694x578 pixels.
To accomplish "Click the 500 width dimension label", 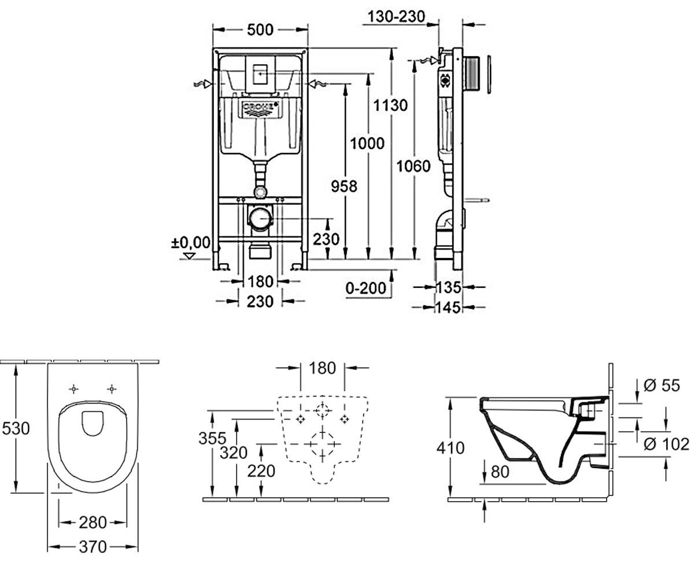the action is [x=260, y=29].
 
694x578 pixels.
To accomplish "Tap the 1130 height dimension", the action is [x=390, y=105].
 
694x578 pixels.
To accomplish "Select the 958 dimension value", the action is [x=344, y=186].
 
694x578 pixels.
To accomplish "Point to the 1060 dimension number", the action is [x=414, y=166].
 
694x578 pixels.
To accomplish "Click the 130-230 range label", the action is [x=396, y=17].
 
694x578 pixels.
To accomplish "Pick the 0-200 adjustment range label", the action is [x=366, y=288].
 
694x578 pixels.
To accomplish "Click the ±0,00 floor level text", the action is [x=190, y=243].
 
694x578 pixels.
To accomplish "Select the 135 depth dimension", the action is [x=448, y=287].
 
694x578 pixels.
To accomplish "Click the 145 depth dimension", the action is [x=448, y=307].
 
